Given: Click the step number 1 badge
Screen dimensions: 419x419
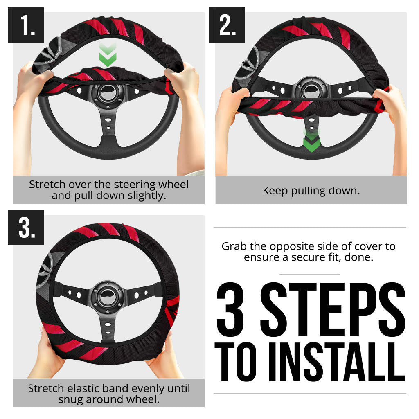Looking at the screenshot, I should [x=26, y=25].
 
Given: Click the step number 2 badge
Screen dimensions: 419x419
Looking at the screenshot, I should [x=227, y=25].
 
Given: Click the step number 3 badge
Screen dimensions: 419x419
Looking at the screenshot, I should [x=26, y=228].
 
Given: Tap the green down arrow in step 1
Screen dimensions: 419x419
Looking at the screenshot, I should [x=108, y=56].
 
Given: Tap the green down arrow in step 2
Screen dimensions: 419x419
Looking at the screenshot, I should [x=311, y=142].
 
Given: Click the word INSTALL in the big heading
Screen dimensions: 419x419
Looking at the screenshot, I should [x=331, y=360].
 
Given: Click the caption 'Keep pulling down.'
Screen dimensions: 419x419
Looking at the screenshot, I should [x=311, y=191].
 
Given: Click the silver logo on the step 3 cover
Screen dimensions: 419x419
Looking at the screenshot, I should [x=47, y=266].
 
